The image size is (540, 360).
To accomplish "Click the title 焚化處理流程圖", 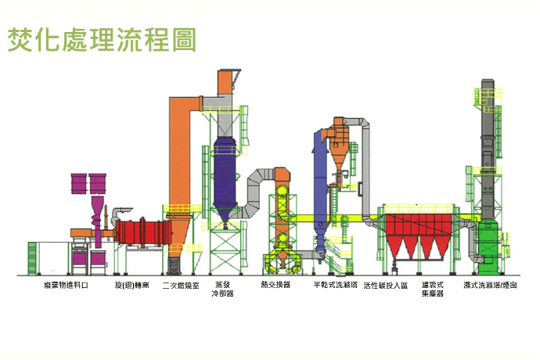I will (x=101, y=40).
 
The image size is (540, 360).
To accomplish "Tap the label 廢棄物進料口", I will (x=66, y=286).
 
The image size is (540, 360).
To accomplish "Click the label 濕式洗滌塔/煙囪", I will (x=489, y=286).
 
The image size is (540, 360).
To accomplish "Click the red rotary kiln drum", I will (x=144, y=233).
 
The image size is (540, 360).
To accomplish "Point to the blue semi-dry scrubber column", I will (x=320, y=188).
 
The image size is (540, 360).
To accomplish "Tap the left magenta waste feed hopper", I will (x=79, y=185).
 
